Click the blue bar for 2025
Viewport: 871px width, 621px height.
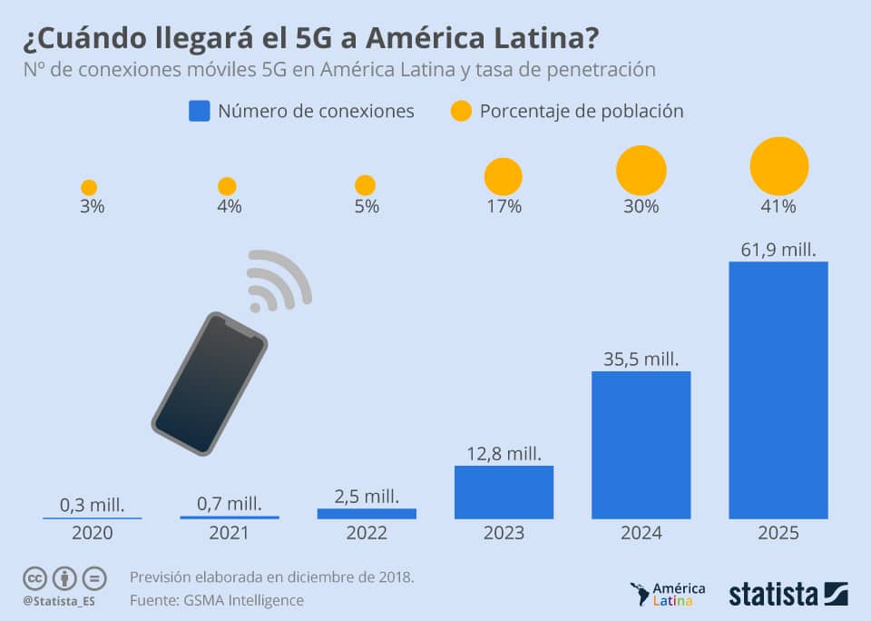[x=778, y=390]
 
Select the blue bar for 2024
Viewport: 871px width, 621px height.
[x=641, y=445]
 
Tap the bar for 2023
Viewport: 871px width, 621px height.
[x=504, y=492]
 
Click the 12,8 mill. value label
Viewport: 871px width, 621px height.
[x=504, y=451]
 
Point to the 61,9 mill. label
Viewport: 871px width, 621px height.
[x=778, y=248]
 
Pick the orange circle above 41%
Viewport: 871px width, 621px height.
[x=778, y=166]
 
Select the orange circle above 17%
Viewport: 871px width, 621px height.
[x=504, y=176]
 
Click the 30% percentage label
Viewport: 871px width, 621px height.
[x=641, y=206]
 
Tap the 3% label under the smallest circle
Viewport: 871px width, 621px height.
[x=92, y=206]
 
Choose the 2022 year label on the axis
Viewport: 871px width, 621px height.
[x=366, y=533]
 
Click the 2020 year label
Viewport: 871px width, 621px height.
[x=92, y=533]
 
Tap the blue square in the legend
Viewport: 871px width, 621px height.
[x=199, y=111]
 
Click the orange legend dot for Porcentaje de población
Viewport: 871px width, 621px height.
[x=461, y=112]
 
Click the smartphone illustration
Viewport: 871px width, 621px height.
[x=210, y=383]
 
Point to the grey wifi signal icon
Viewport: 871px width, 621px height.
[x=278, y=279]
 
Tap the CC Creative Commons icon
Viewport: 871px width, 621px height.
[x=35, y=577]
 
